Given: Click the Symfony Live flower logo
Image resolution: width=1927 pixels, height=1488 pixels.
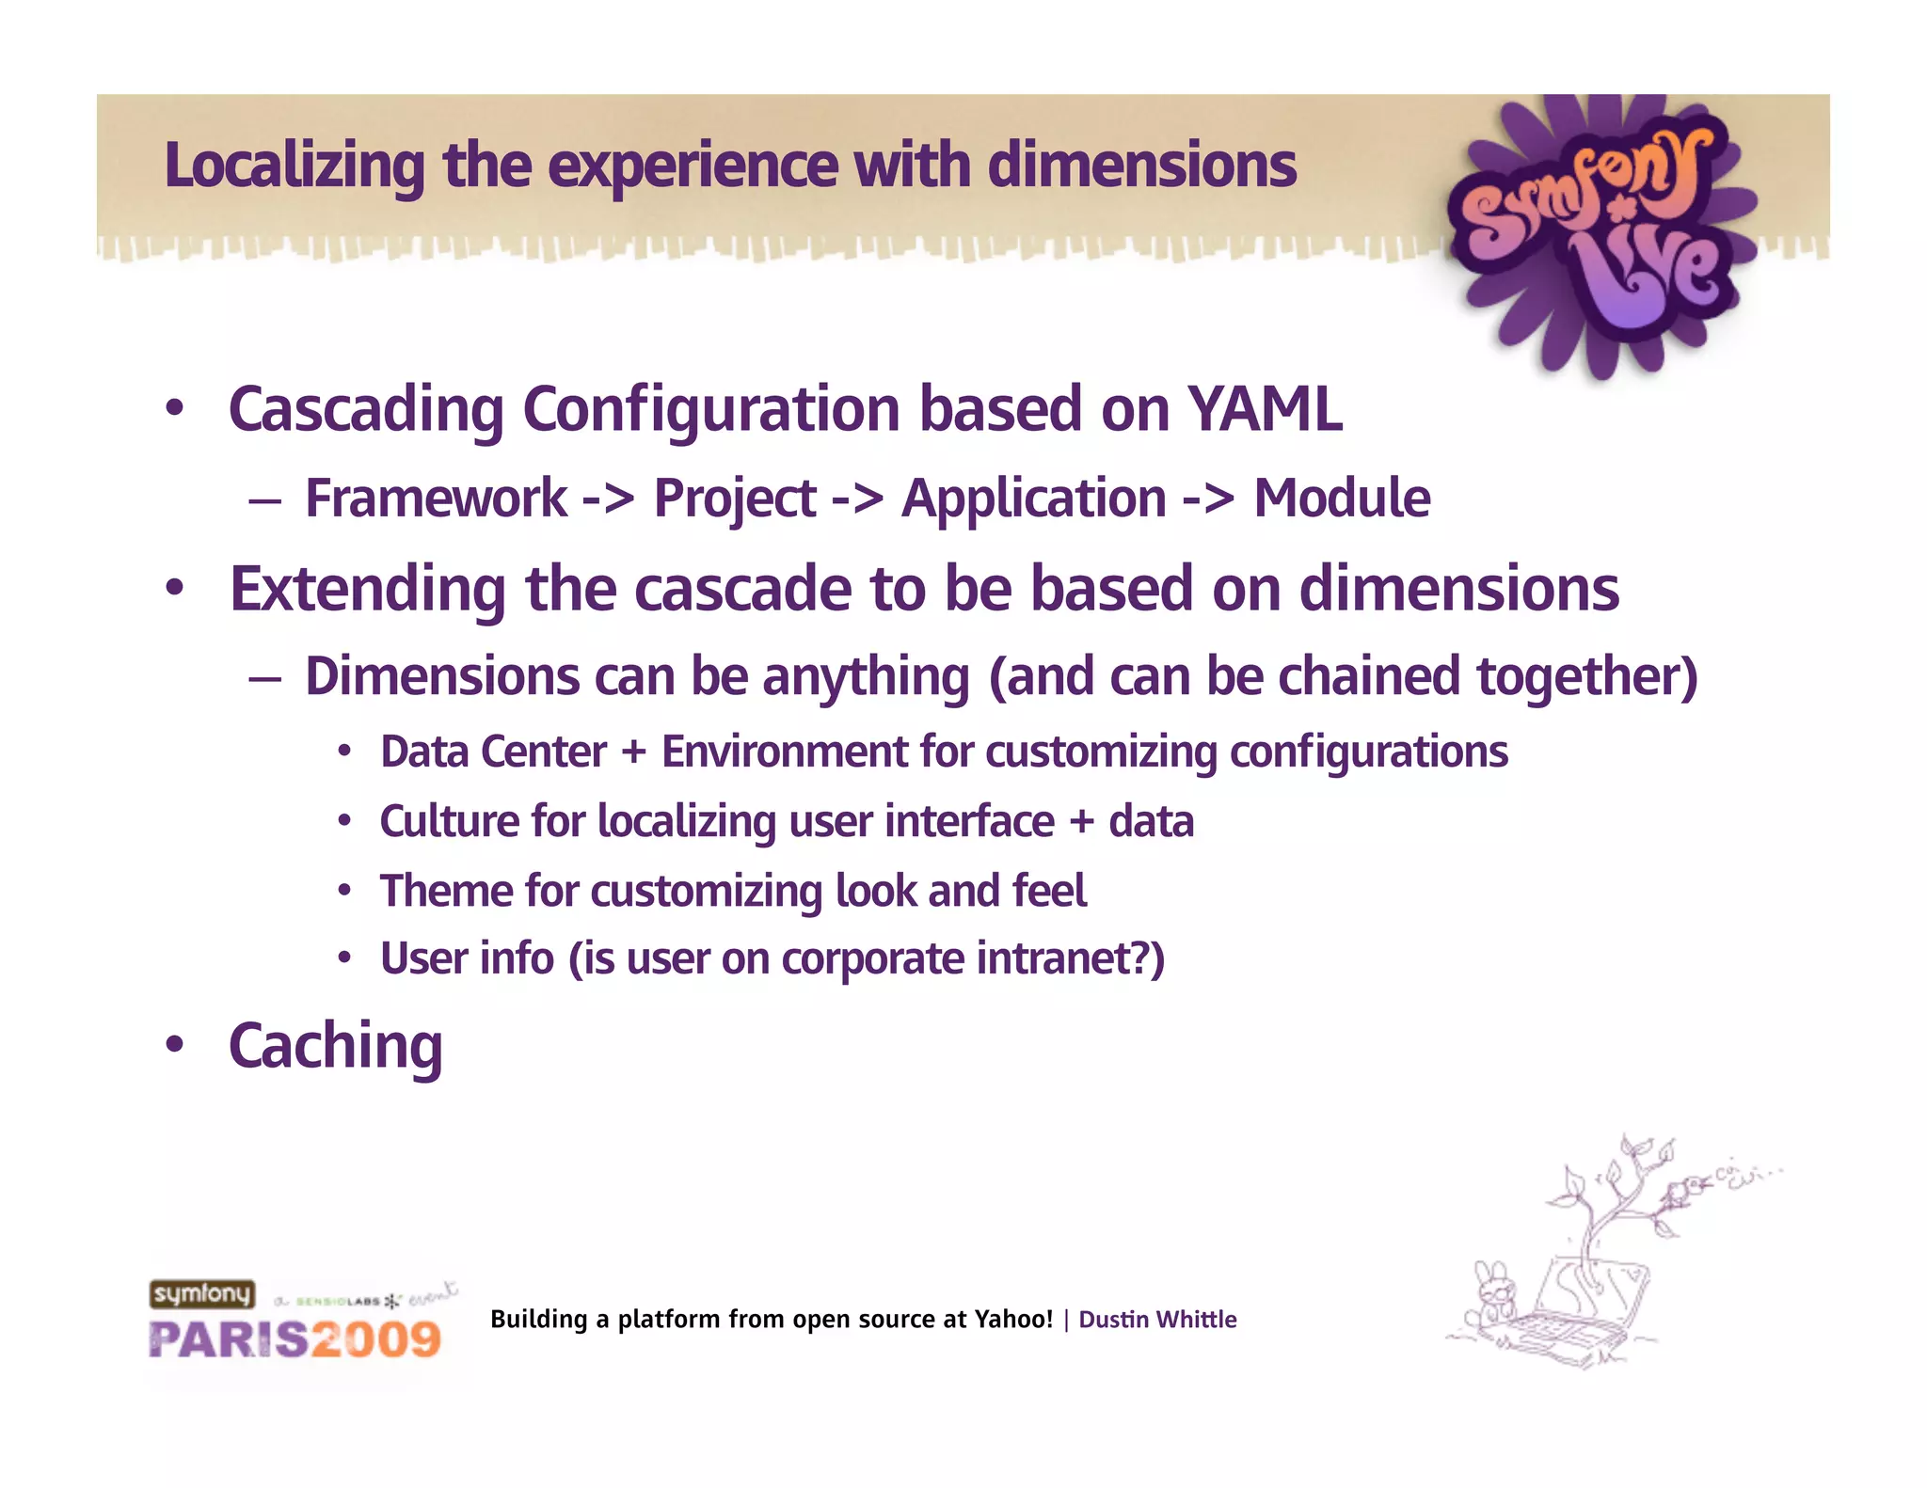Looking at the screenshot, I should click(1600, 235).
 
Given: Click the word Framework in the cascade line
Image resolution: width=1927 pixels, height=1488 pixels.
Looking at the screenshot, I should click(436, 499).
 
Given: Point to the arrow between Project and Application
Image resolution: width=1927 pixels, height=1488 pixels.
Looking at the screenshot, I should click(857, 499).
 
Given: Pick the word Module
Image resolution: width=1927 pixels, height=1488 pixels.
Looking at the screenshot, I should click(1342, 499).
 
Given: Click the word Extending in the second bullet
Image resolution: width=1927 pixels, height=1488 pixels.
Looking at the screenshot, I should click(368, 589).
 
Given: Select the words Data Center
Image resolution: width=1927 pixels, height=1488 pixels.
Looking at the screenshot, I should click(493, 752).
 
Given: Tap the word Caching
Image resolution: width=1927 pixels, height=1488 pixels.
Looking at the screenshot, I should click(335, 1047).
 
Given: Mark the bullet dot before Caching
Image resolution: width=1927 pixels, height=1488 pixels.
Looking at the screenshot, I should click(174, 1044).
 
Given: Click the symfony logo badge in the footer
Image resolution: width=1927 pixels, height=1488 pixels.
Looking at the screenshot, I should click(202, 1294).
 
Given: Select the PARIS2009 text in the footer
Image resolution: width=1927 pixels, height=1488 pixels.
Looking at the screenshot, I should click(295, 1339).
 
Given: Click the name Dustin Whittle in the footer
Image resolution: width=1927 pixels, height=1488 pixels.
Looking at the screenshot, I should click(1156, 1320).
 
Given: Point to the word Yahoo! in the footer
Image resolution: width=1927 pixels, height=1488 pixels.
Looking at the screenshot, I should click(1012, 1320).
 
